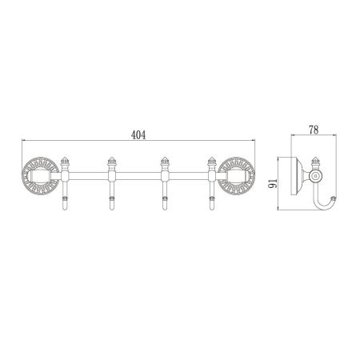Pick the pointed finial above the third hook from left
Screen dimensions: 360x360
click(x=164, y=162)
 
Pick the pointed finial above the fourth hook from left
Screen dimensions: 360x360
click(x=212, y=162)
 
